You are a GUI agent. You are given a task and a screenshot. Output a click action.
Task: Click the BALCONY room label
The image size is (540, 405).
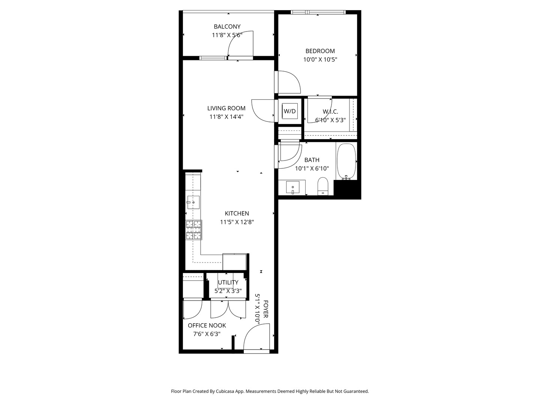(x=227, y=27)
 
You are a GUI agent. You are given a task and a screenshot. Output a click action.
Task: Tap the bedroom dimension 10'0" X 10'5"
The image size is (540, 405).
(x=320, y=59)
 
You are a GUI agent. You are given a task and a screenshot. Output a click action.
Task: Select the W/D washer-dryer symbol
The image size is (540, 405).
(x=289, y=111)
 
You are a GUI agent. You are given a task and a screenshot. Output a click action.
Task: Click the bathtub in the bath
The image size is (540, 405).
(x=346, y=161)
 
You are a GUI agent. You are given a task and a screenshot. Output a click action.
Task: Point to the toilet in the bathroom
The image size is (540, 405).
(x=323, y=186)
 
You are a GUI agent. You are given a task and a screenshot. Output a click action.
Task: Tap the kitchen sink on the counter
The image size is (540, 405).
(x=193, y=202)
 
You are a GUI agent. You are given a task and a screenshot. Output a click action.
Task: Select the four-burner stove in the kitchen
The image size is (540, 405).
(x=194, y=230)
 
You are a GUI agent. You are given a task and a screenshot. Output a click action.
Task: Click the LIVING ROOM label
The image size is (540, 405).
(x=226, y=108)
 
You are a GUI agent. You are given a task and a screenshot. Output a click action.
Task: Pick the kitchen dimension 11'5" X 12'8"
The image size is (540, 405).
(x=237, y=222)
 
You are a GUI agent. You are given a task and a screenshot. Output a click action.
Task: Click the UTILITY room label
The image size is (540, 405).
(x=228, y=282)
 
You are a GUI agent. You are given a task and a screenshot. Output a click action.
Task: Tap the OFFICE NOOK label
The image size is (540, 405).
(x=207, y=325)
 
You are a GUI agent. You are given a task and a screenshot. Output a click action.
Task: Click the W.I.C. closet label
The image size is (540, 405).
(x=330, y=112)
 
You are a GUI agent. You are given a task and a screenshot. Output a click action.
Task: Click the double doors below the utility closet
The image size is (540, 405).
(x=228, y=309)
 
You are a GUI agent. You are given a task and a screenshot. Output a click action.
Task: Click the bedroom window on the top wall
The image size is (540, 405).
(x=318, y=12)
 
